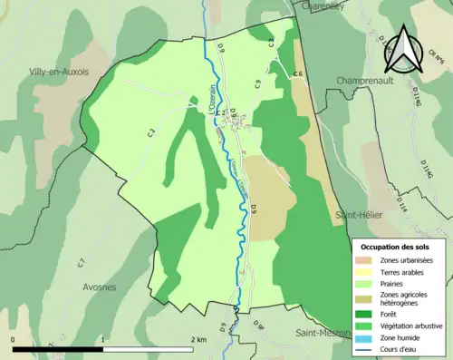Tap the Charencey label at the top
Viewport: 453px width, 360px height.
pyautogui.click(x=324, y=5)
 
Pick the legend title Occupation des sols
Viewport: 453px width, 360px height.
pyautogui.click(x=394, y=247)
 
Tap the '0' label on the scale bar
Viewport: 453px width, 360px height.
pyautogui.click(x=14, y=339)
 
